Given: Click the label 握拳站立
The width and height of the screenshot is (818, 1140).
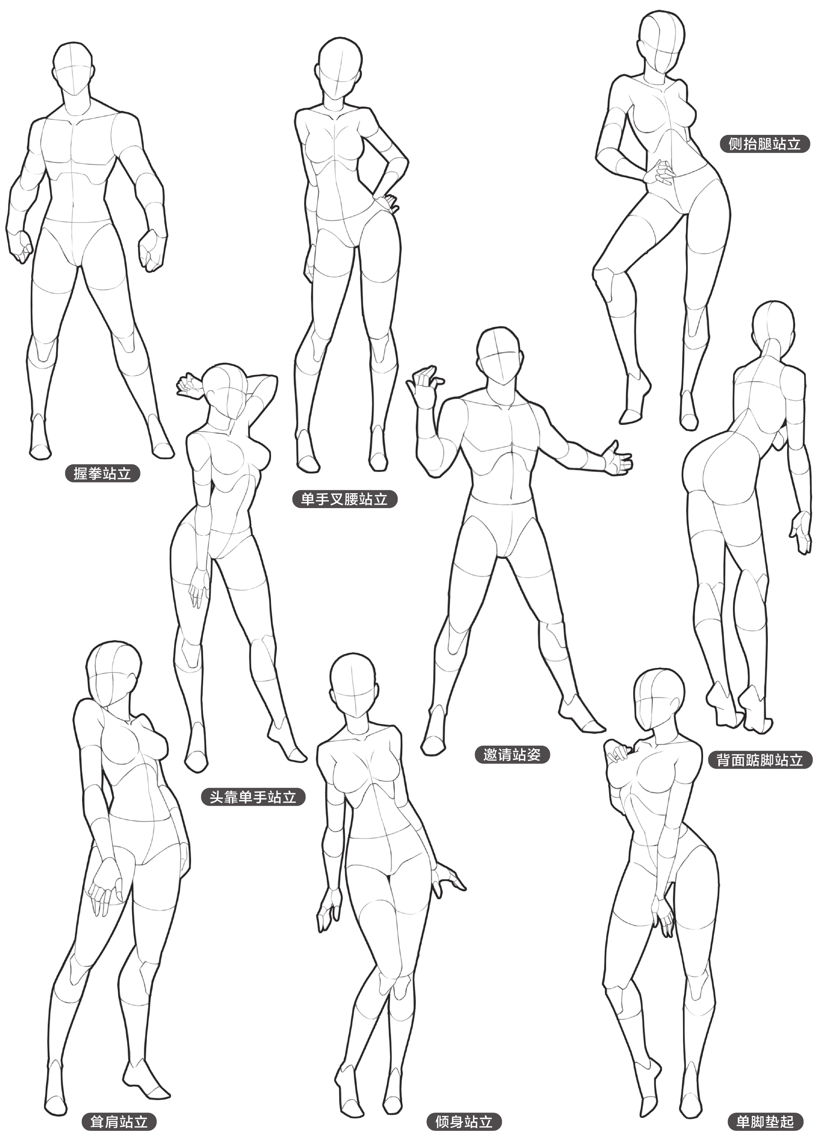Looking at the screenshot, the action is point(102,473).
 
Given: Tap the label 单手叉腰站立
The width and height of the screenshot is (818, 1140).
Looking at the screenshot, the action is point(345,499).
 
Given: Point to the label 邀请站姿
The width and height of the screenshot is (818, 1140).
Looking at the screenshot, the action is point(512,755).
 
